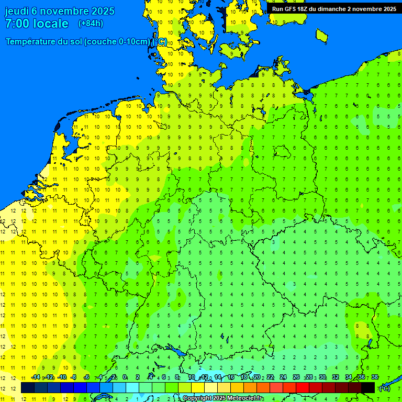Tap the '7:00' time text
coord(17,24)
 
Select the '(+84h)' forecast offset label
coord(91,24)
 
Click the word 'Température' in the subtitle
coord(31,42)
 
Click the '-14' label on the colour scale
coord(36,377)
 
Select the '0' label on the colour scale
coord(125,377)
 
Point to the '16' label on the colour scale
coord(230,377)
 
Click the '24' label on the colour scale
coord(283,377)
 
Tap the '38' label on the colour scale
coord(375,377)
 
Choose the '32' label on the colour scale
coord(336,377)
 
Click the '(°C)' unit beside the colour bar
coord(385,388)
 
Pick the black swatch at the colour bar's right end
coord(368,387)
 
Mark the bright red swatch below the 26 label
coord(303,387)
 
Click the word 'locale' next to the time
coord(50,24)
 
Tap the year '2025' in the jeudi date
coord(103,11)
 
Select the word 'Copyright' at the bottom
coord(196,398)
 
